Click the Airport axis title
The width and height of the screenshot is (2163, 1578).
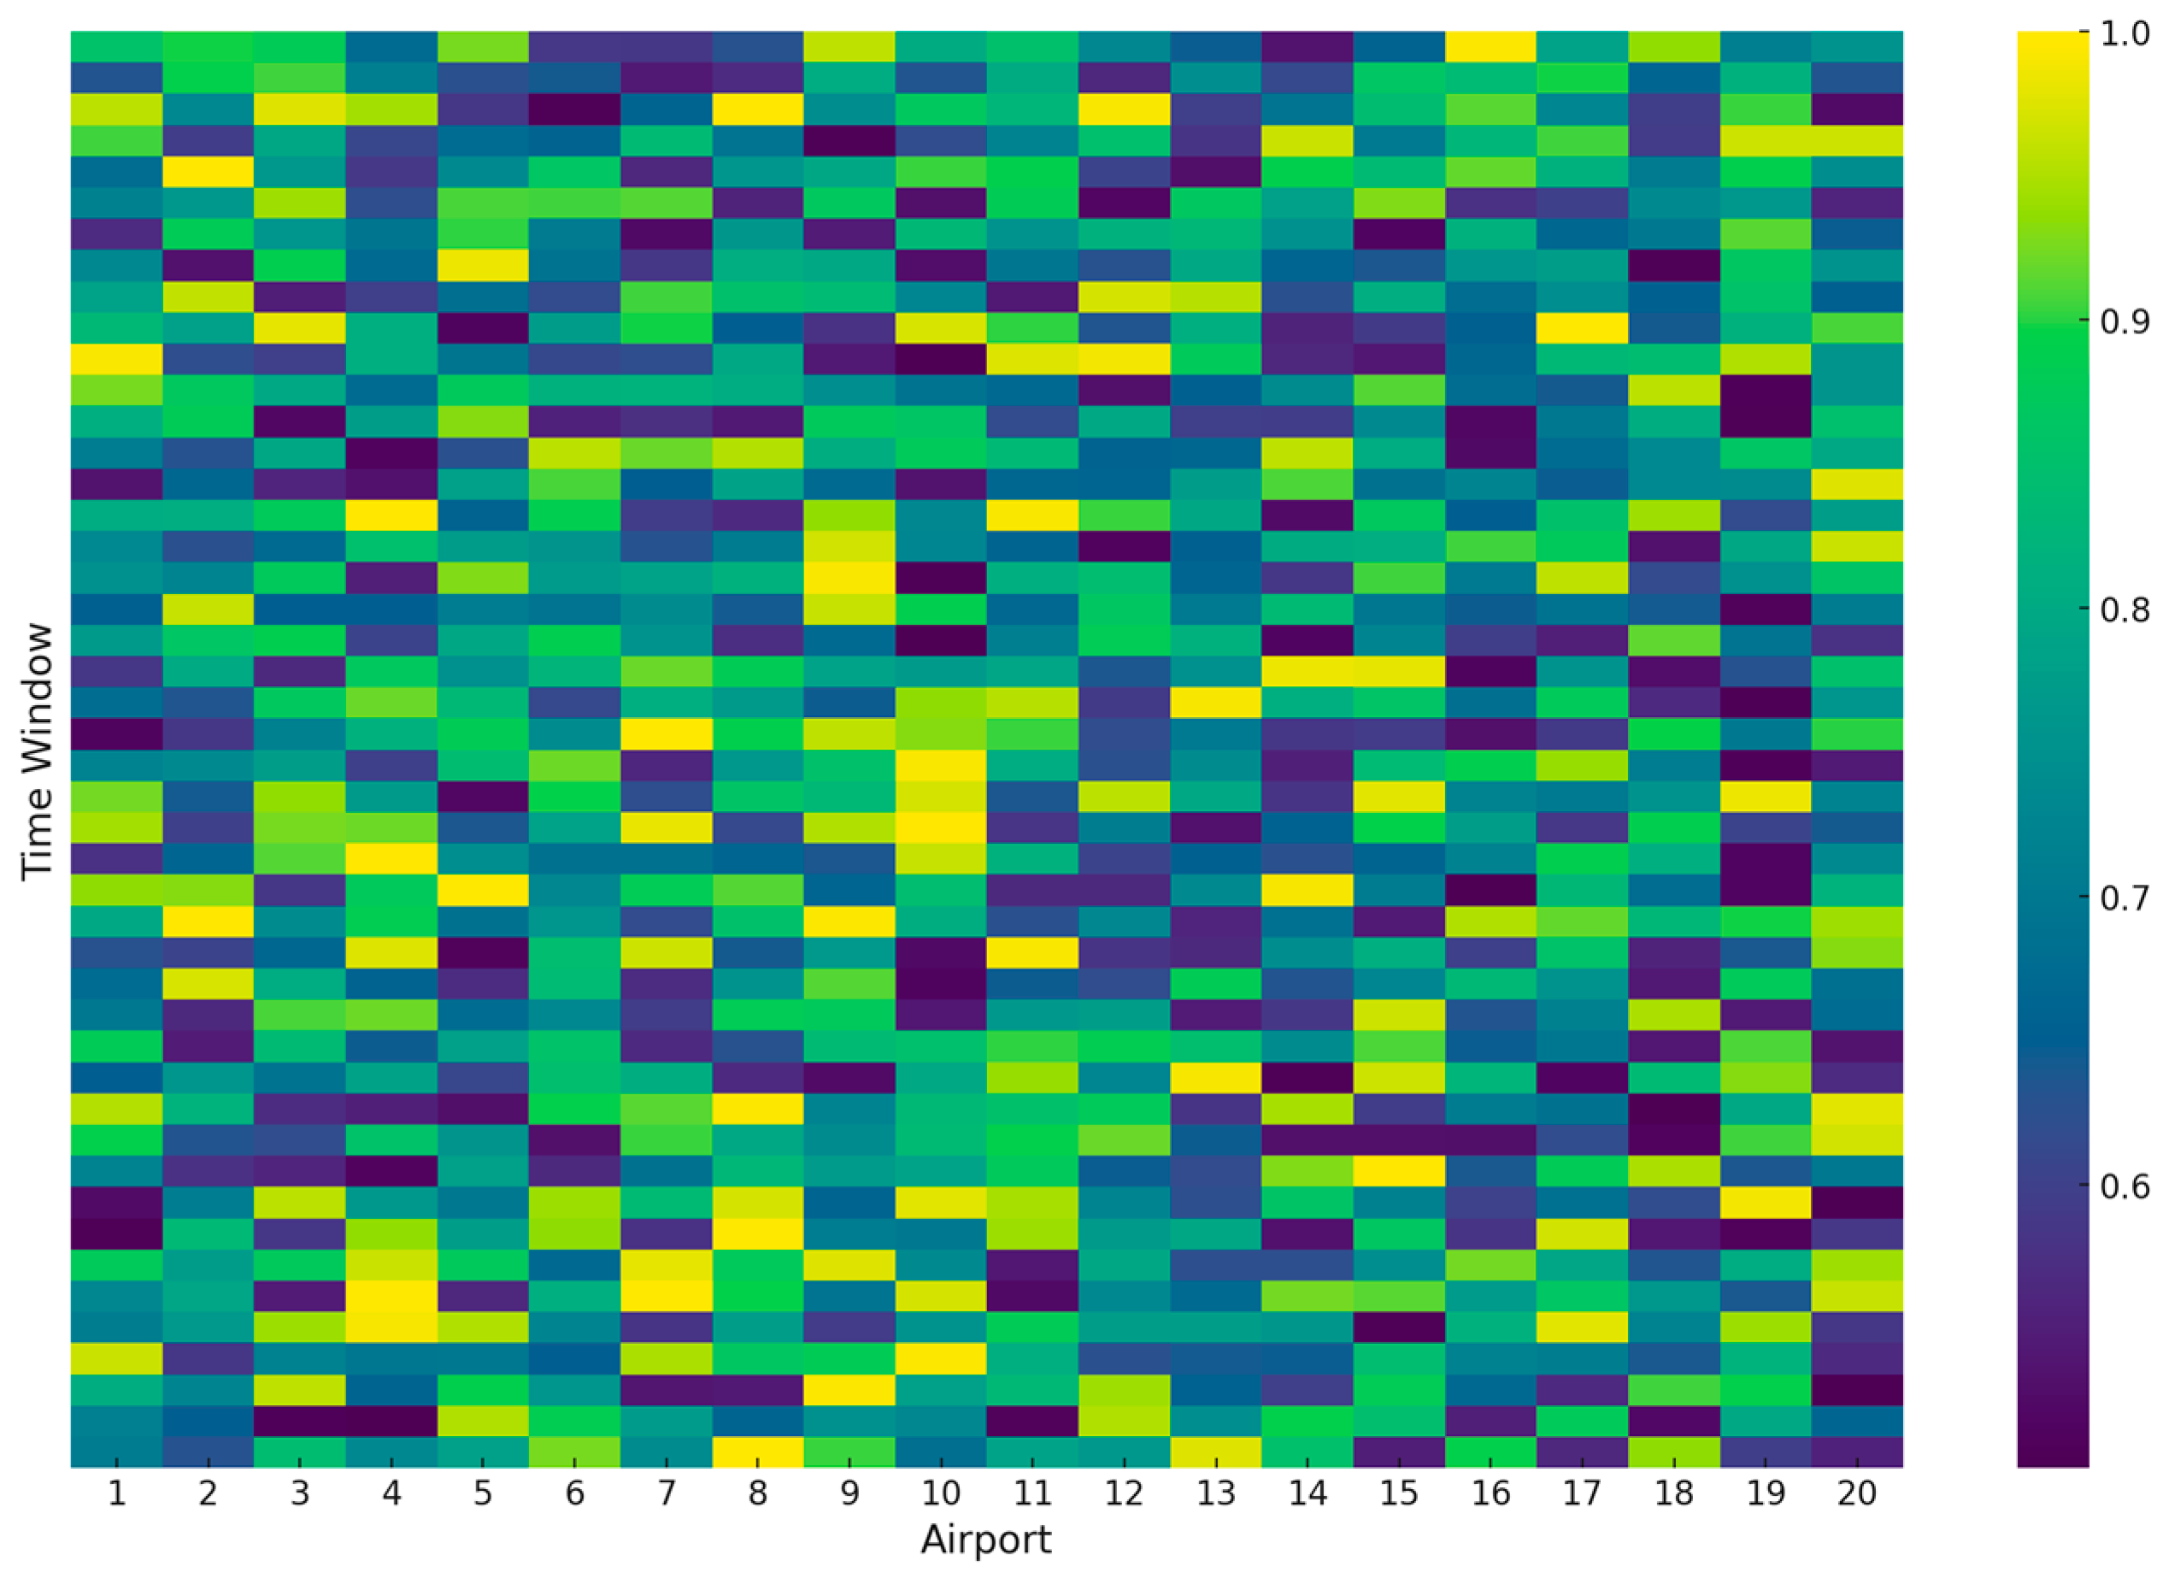[985, 1539]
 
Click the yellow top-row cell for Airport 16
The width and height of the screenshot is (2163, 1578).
[1490, 46]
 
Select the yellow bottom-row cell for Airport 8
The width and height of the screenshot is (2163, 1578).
[757, 1451]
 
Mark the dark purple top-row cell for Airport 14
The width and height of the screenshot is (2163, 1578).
[1308, 46]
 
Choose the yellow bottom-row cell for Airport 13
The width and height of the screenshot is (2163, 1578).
[1216, 1451]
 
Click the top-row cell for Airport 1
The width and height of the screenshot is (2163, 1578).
[116, 46]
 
